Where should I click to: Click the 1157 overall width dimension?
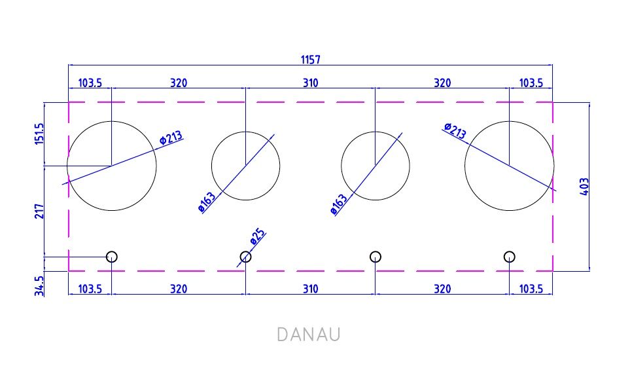coord(311,60)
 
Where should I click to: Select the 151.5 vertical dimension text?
coord(39,134)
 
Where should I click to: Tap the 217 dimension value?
coord(39,211)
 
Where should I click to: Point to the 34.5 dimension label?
coord(39,286)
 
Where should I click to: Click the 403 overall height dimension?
coord(584,187)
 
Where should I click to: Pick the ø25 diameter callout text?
coord(258,237)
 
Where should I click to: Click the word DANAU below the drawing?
coord(309,335)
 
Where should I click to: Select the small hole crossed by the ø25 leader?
coord(245,257)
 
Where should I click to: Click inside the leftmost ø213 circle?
coord(112,166)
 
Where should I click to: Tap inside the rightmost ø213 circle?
coord(510,166)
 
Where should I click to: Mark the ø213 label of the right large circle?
coord(455,131)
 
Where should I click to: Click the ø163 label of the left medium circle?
coord(207,202)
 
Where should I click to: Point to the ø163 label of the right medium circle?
coord(339,204)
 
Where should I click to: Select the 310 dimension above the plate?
coord(311,83)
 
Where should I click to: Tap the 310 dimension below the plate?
coord(311,289)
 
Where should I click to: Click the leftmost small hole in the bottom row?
coord(112,257)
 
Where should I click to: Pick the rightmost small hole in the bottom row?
coord(510,257)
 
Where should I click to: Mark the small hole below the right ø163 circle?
coord(376,257)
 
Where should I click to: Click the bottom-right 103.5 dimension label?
coord(531,289)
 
